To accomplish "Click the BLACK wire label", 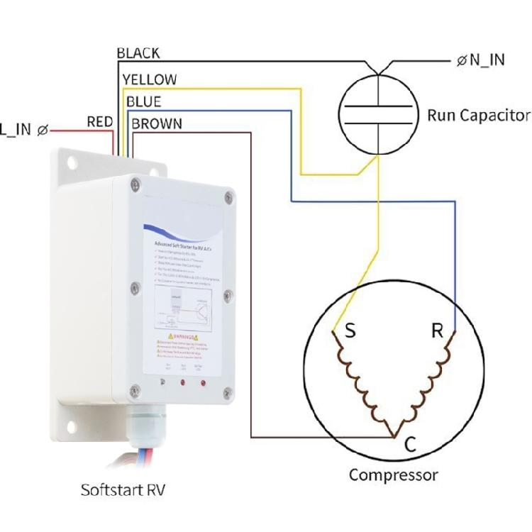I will click(138, 53).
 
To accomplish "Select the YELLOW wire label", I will click(150, 79).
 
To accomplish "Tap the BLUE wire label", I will click(143, 101).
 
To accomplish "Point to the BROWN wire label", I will click(157, 124).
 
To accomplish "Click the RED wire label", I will click(99, 122).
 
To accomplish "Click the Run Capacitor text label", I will click(478, 115).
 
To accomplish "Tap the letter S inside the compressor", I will click(350, 331).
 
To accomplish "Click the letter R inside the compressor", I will click(437, 331).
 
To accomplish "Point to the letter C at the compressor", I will click(409, 445).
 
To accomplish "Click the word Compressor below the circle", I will click(393, 475).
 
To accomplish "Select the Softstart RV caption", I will click(123, 490).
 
